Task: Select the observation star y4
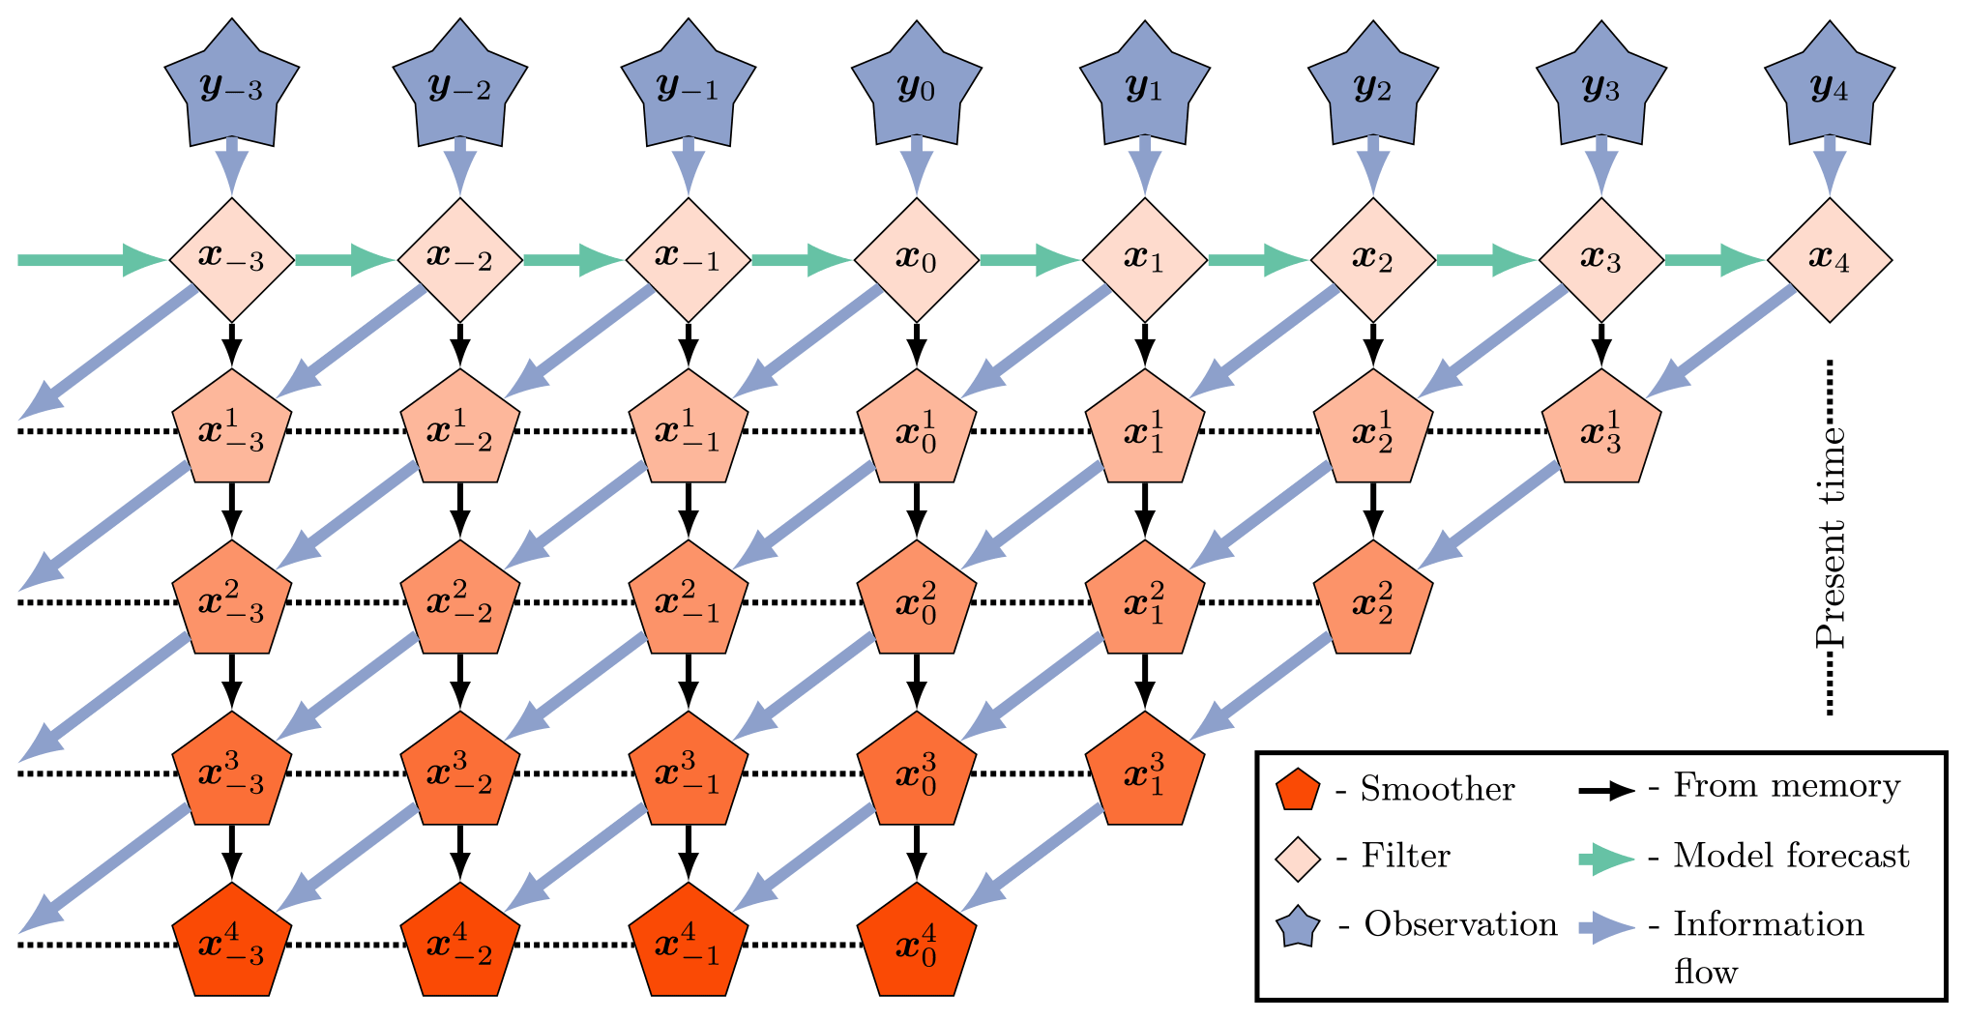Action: pyautogui.click(x=1830, y=87)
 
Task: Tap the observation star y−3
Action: pyautogui.click(x=232, y=87)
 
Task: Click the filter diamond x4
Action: pyautogui.click(x=1830, y=259)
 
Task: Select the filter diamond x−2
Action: pyautogui.click(x=460, y=259)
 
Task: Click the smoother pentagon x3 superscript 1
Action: pyautogui.click(x=1601, y=430)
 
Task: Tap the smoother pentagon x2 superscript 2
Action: pyautogui.click(x=1373, y=601)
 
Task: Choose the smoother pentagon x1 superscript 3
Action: pyautogui.click(x=1145, y=772)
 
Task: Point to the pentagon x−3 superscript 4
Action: pyautogui.click(x=232, y=944)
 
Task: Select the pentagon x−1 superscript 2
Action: pyautogui.click(x=689, y=601)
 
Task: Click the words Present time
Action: pyautogui.click(x=1830, y=537)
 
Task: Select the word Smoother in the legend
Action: pyautogui.click(x=1437, y=789)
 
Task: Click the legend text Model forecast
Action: pyautogui.click(x=1791, y=856)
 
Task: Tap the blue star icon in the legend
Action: pyautogui.click(x=1299, y=926)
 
